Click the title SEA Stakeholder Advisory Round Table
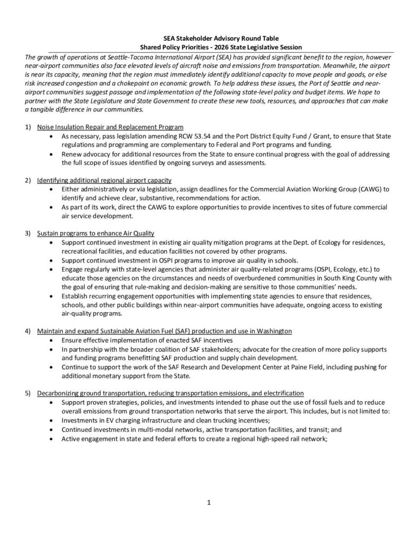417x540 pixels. [x=209, y=38]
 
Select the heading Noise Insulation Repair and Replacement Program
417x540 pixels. [x=110, y=127]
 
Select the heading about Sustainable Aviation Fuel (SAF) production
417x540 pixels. [x=164, y=331]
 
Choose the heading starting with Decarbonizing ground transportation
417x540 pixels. [x=170, y=393]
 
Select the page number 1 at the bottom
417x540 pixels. [x=209, y=503]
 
